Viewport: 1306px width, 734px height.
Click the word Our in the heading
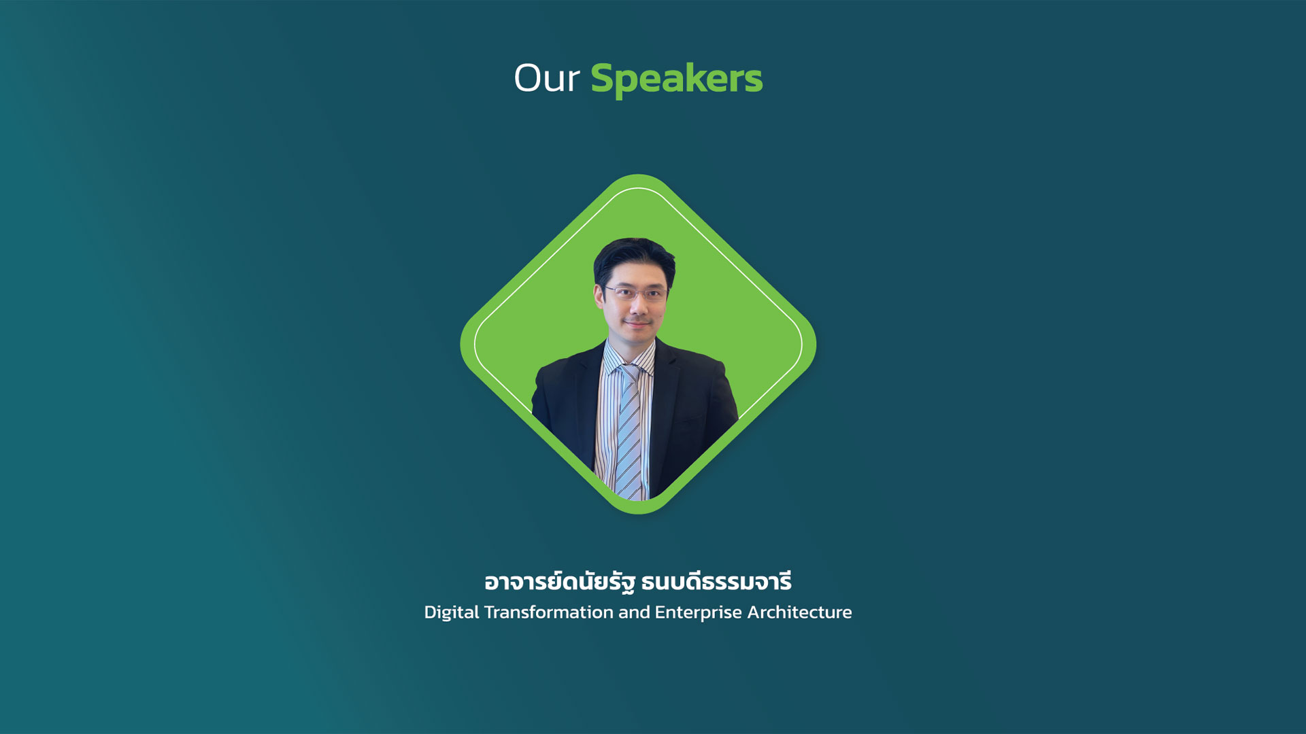click(546, 78)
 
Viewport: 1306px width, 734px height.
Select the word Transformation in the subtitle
click(549, 612)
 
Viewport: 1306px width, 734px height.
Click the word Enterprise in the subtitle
click(699, 612)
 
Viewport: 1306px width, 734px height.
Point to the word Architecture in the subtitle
click(799, 612)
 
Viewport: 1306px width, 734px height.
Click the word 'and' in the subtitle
click(634, 612)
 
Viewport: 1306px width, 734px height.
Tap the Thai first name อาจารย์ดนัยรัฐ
click(560, 582)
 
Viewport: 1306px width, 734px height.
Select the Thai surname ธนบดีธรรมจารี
click(716, 582)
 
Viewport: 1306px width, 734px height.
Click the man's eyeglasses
click(635, 293)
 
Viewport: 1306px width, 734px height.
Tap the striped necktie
click(629, 432)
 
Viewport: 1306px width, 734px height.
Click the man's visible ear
click(599, 296)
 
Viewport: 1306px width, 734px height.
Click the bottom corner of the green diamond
click(638, 514)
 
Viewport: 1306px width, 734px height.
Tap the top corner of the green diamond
click(638, 175)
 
